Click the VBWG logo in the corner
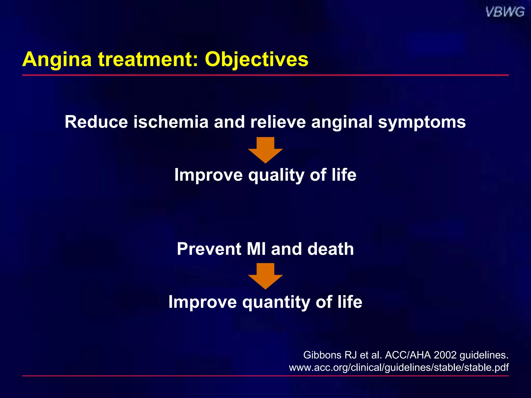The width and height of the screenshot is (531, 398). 505,12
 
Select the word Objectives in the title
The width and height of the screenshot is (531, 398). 256,59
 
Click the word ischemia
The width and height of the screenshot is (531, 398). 171,122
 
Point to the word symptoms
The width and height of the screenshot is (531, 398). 422,122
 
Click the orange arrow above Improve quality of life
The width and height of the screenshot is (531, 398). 265,150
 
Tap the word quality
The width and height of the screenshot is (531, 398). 276,175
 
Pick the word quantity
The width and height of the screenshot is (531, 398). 276,302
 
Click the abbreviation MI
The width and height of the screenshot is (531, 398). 256,249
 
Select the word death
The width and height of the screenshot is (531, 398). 331,249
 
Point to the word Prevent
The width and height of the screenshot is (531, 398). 209,249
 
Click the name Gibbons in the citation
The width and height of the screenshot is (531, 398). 322,355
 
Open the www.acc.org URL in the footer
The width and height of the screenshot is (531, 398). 399,367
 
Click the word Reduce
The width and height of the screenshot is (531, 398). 96,122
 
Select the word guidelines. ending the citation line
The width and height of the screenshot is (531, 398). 484,355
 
